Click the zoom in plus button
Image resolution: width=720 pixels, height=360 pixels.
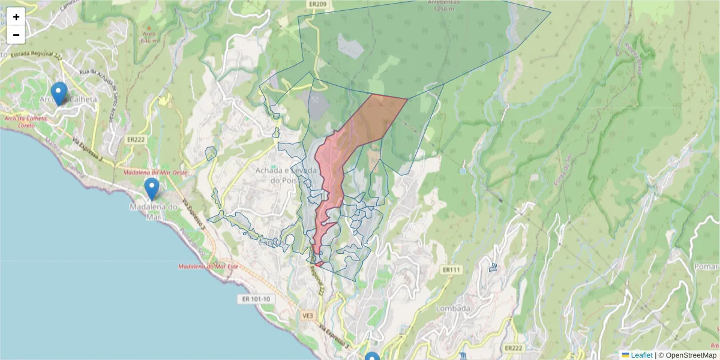[x=16, y=17]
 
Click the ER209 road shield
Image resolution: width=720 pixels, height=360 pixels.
[x=319, y=4]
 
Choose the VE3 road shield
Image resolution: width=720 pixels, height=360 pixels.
[x=308, y=316]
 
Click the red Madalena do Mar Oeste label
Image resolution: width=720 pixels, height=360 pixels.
[x=155, y=172]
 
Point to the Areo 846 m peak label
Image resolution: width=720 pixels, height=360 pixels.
[x=148, y=38]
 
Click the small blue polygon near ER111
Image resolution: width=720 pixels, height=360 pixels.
[x=493, y=267]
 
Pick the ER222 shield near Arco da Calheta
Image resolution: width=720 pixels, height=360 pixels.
[x=135, y=139]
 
